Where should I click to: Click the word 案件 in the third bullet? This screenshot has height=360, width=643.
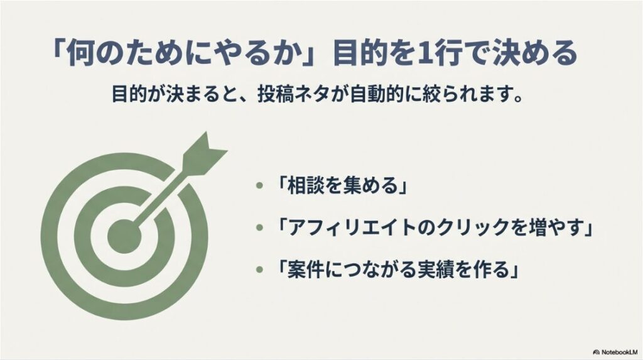[x=303, y=270]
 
